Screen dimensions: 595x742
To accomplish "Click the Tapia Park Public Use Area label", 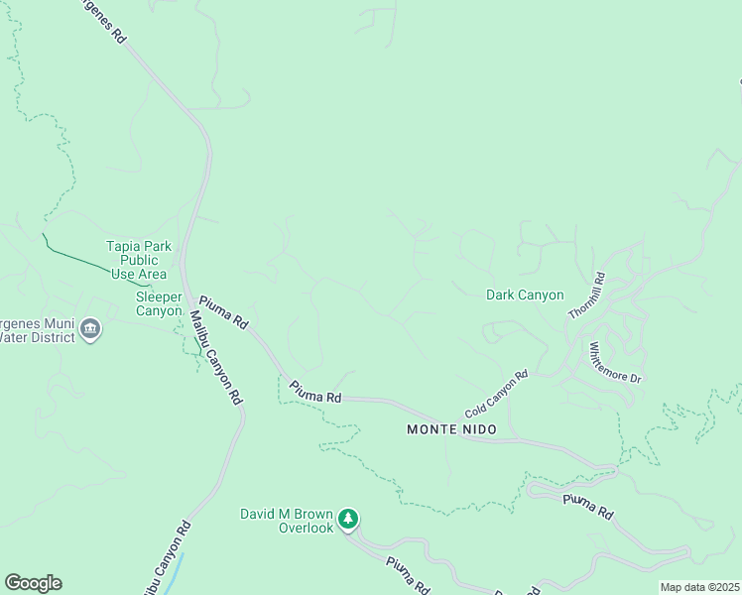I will click(x=139, y=260).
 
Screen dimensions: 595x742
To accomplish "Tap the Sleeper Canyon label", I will click(x=159, y=303).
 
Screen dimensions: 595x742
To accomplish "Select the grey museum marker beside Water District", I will click(x=91, y=328).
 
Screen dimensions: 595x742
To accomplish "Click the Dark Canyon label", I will click(x=525, y=295).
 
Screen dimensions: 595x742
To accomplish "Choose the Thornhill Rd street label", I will click(x=586, y=297).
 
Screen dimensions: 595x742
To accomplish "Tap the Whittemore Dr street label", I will click(x=616, y=363).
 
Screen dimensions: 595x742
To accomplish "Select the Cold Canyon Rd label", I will click(x=496, y=394).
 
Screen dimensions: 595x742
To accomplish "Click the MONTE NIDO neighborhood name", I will click(x=445, y=429).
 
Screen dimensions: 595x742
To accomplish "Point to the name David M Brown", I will click(x=287, y=514).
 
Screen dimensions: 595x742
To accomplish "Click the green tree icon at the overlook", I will click(x=347, y=518).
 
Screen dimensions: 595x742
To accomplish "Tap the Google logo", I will click(x=33, y=582).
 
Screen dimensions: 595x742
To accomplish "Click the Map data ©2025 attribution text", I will click(x=700, y=587).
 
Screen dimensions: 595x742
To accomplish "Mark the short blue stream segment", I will click(x=175, y=571).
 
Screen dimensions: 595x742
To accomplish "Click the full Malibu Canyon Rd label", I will click(x=215, y=357).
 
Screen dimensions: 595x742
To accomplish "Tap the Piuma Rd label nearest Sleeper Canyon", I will click(x=223, y=311).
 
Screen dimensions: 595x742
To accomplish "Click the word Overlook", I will click(x=306, y=528).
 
